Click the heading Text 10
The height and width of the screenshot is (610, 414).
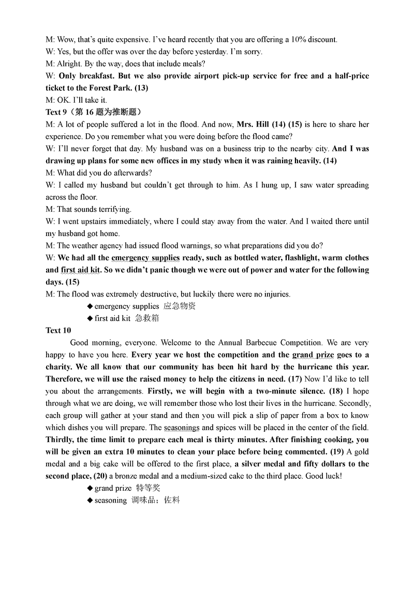[x=58, y=330]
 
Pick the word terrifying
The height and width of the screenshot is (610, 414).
[x=115, y=209]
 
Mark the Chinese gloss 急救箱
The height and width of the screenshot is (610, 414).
[x=147, y=318]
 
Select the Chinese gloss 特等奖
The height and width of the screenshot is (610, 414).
[x=148, y=488]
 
